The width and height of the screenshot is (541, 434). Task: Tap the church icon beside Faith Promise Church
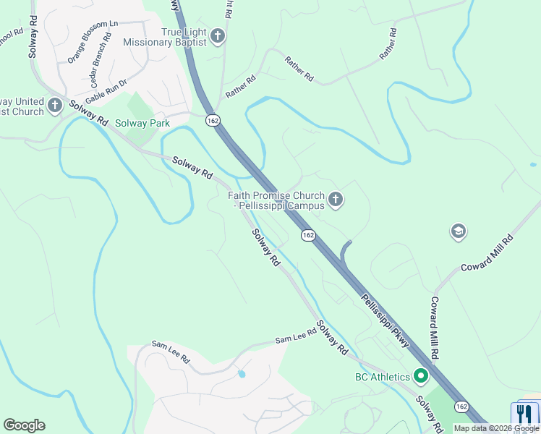click(x=335, y=199)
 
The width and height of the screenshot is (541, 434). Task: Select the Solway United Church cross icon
click(x=55, y=107)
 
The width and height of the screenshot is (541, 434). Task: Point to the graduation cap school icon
click(x=457, y=231)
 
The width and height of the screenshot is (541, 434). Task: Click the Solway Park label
click(x=142, y=123)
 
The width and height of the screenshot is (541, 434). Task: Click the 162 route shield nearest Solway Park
click(x=211, y=119)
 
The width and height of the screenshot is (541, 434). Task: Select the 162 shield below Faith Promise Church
click(x=308, y=235)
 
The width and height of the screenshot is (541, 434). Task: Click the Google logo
click(x=24, y=425)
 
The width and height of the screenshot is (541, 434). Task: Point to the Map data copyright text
click(x=497, y=428)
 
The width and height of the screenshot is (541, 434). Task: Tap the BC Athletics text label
click(x=382, y=377)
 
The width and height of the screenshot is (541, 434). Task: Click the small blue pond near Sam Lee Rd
click(x=240, y=375)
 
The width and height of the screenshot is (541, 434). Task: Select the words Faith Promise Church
click(x=276, y=195)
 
